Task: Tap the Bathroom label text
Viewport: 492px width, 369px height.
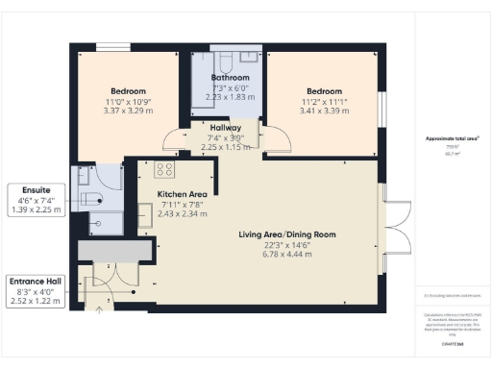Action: [x=231, y=77]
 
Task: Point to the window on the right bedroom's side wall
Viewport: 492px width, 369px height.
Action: [x=382, y=103]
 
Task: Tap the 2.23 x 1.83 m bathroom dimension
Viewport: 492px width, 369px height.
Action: [x=231, y=96]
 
